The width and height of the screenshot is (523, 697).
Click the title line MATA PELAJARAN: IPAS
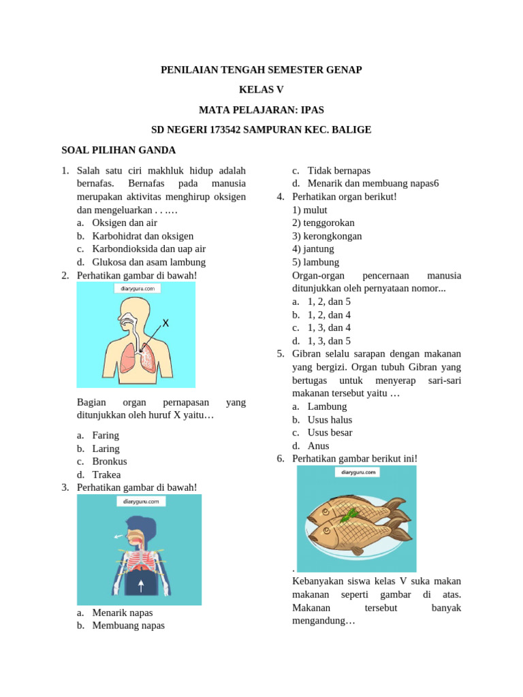coord(261,109)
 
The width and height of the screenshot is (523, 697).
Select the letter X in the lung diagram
coord(165,323)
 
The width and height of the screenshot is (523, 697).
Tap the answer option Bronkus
coord(109,461)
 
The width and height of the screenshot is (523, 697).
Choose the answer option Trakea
coord(107,474)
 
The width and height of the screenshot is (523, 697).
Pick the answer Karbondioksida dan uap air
coord(148,249)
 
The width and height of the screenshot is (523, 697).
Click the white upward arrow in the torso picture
coord(141,585)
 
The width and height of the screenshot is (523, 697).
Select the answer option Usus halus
coord(330,420)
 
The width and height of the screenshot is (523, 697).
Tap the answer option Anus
coord(318,446)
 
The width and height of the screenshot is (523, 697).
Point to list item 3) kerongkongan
coord(327,236)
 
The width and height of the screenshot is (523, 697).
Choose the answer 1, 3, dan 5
coord(329,341)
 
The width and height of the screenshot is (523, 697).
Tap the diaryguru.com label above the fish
coord(357,472)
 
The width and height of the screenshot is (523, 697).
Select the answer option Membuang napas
coord(128,626)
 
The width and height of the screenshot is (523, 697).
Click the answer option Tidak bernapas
coord(338,171)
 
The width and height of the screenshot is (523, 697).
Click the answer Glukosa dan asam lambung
coord(148,262)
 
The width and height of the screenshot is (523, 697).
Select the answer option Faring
coord(106,436)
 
